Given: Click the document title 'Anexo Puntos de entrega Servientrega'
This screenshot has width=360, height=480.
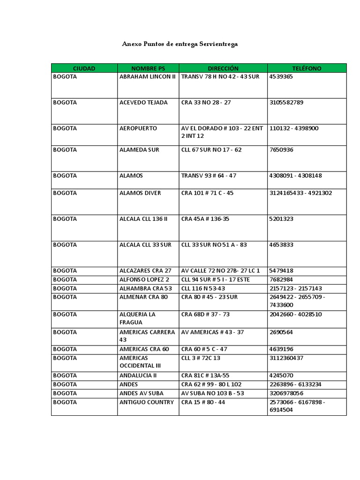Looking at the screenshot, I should point(180,44).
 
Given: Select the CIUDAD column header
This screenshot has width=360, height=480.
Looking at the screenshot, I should point(84,68).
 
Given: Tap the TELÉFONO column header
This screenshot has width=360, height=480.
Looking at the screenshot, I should point(307,68).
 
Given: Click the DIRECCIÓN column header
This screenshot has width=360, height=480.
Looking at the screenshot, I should point(223,68).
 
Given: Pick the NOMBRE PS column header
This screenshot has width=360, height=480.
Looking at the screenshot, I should point(148,68).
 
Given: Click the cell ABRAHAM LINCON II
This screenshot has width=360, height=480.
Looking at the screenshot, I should point(147,76).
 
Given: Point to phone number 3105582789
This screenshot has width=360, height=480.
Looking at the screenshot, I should point(286,102).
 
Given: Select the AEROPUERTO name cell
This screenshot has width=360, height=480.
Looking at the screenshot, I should point(138,128).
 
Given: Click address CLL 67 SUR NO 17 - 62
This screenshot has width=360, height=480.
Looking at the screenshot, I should point(211,150).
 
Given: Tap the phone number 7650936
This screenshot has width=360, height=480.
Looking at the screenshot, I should point(281,150).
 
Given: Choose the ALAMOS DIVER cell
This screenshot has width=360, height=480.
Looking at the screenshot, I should point(140,193).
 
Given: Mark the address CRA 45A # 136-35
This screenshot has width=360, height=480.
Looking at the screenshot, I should point(205,219).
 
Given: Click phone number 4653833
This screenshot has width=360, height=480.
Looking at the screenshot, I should point(281,245).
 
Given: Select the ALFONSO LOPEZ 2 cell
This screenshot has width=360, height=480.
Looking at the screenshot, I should point(144,279).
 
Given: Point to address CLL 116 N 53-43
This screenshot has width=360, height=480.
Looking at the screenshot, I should point(203,288).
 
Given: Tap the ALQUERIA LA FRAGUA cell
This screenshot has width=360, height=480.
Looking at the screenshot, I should point(137,318).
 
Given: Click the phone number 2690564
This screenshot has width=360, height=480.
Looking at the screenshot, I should point(281,332).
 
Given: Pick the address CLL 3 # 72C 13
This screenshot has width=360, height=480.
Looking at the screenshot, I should point(201,358).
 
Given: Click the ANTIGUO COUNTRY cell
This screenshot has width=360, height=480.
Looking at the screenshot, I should point(146,402).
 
